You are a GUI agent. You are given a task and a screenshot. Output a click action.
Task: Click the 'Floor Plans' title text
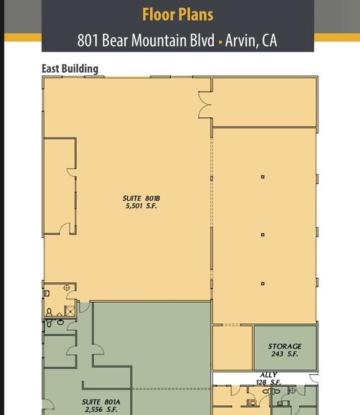click(x=177, y=14)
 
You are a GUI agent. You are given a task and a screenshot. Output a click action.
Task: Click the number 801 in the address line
click(x=88, y=40)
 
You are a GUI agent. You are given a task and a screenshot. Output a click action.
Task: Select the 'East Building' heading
click(x=70, y=68)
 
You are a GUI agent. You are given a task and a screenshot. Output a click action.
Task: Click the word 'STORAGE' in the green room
click(x=284, y=347)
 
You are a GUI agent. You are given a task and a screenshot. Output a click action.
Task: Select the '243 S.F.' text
click(x=284, y=354)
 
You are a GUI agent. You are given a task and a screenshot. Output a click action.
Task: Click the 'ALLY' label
click(x=269, y=375)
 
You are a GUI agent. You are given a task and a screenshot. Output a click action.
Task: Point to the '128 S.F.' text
click(x=269, y=383)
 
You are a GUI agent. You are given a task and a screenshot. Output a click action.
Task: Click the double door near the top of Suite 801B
click(x=205, y=107)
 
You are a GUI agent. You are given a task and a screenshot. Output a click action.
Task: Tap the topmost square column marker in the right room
click(x=263, y=176)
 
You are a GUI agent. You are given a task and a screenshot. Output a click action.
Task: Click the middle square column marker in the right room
click(x=263, y=234)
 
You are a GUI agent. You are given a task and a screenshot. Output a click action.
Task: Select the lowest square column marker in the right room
click(x=263, y=284)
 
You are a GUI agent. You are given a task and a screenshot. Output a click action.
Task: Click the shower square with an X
click(x=70, y=310)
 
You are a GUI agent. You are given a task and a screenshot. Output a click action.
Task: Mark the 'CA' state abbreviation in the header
click(x=269, y=40)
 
